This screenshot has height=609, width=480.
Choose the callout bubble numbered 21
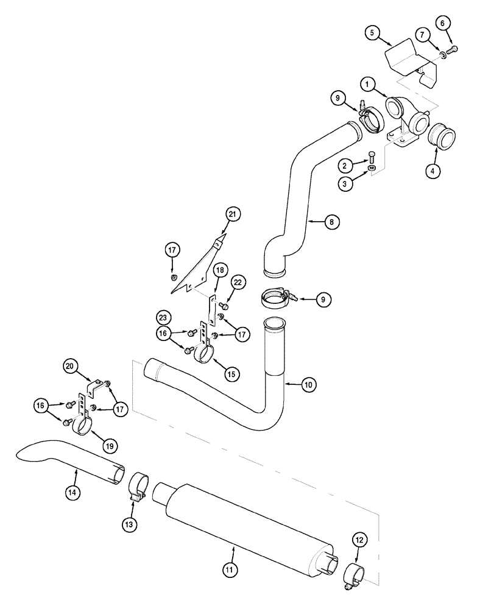pos(233,214)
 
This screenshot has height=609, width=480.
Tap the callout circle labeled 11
pos(230,569)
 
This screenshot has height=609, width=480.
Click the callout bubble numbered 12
pos(360,538)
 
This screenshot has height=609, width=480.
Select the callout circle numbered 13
pos(130,523)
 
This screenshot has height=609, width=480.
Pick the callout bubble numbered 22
pos(238,281)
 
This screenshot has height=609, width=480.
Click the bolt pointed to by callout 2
pos(372,157)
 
